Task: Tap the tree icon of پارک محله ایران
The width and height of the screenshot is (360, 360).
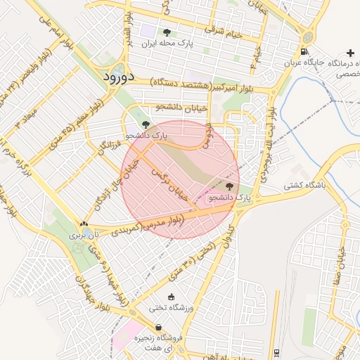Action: point(167,32)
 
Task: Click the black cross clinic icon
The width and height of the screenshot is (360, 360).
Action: point(350,53)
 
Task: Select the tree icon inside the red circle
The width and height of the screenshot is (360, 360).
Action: point(230,186)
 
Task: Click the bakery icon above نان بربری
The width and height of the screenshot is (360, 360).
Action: point(84,224)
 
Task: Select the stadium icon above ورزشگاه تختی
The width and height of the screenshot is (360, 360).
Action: point(172,297)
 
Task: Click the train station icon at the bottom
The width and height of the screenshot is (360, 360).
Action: point(276,352)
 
